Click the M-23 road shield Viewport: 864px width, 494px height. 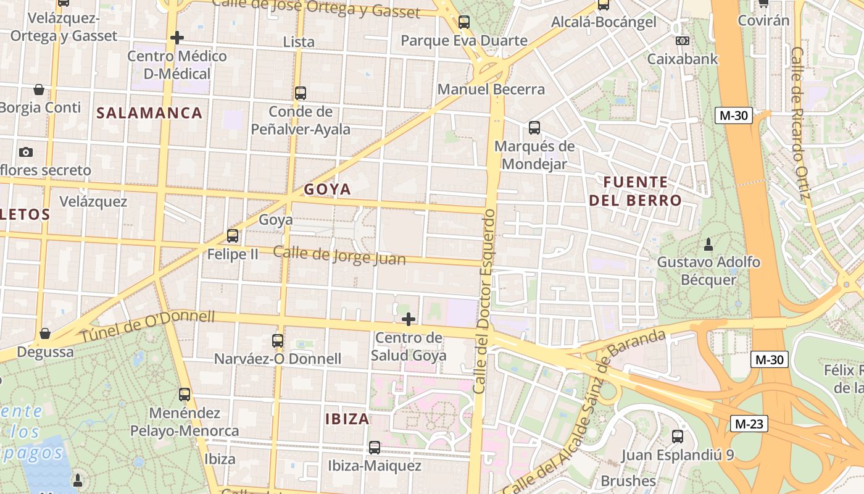pos(749,424)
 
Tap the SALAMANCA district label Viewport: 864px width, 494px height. pos(149,113)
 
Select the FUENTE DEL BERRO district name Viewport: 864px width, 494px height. pos(635,191)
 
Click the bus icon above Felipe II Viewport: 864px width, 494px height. pos(233,235)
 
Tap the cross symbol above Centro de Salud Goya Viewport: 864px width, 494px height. pos(409,319)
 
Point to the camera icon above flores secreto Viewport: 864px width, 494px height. pos(26,152)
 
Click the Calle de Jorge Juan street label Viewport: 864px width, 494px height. pos(339,255)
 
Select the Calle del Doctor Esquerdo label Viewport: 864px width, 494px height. pos(484,301)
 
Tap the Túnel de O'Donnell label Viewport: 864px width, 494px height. pos(147,327)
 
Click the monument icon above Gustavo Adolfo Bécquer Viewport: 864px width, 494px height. pos(708,245)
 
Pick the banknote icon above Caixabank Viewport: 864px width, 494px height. pos(682,41)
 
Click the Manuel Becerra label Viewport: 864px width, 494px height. pos(491,90)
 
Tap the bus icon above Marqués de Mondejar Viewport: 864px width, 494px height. pos(534,128)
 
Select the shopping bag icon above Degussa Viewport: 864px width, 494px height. pos(45,334)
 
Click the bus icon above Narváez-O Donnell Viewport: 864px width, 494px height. pos(278,340)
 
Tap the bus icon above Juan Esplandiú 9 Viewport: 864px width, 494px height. pos(678,437)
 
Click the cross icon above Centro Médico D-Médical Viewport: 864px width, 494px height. pos(177,38)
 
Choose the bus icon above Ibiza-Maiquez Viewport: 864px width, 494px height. pos(375,448)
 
